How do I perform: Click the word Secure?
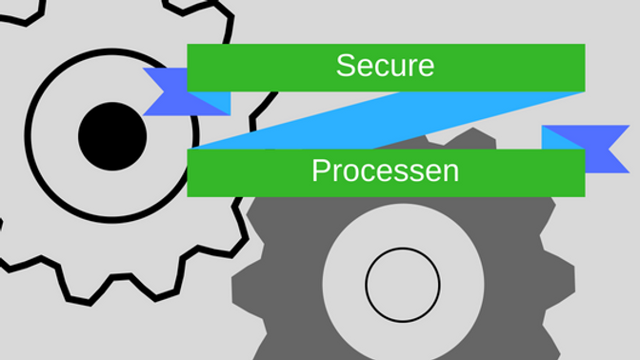[x=385, y=66]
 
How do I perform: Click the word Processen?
[x=385, y=171]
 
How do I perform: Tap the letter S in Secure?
[x=346, y=66]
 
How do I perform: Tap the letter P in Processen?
[x=321, y=171]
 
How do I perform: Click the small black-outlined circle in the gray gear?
[x=403, y=286]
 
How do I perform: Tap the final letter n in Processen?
[x=451, y=172]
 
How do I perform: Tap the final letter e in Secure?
[x=426, y=67]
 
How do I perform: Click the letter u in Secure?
[x=394, y=67]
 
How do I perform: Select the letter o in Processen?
[x=349, y=172]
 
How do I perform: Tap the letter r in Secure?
[x=410, y=67]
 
